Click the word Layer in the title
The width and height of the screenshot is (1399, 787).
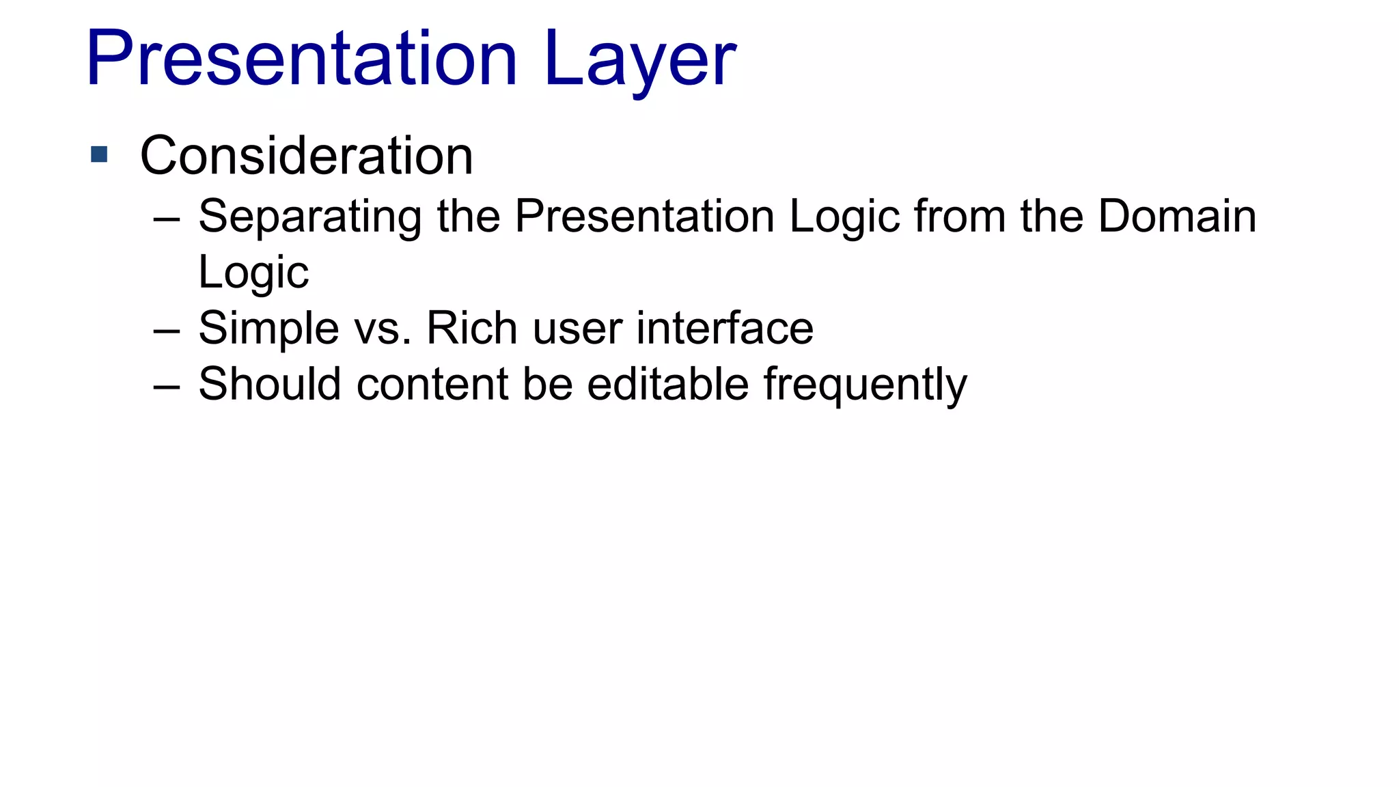[640, 61]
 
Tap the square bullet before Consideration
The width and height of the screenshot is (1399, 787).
[99, 154]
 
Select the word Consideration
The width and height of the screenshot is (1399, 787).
[306, 156]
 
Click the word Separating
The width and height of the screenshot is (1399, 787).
[309, 217]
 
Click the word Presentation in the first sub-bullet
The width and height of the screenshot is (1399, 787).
[644, 217]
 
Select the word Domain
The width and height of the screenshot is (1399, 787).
[1176, 217]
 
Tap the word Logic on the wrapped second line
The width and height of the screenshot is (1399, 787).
[253, 273]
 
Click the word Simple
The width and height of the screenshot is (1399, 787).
[268, 329]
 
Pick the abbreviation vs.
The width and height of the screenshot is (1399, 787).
[383, 329]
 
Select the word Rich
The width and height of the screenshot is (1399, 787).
[471, 329]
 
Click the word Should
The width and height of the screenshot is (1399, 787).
[269, 384]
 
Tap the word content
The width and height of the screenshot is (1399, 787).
[432, 384]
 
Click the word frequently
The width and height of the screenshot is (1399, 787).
[865, 385]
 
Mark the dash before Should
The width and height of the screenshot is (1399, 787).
[167, 387]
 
